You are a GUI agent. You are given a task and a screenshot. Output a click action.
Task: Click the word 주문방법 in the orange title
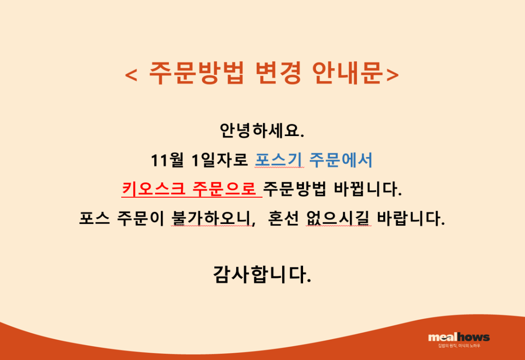[x=196, y=73]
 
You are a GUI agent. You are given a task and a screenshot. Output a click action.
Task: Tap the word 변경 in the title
[x=278, y=73]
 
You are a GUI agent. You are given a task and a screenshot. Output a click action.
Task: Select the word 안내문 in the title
[x=348, y=73]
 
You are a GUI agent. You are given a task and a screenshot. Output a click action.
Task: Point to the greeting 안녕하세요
[x=262, y=130]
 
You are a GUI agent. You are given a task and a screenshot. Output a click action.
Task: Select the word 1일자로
[x=220, y=160]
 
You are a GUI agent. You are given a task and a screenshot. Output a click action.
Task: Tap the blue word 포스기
[x=279, y=160]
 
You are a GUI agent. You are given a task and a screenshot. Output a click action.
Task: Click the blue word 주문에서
[x=340, y=160]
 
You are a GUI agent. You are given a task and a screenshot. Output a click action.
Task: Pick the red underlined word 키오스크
[x=153, y=189]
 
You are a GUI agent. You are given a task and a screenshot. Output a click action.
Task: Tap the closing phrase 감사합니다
[x=262, y=275]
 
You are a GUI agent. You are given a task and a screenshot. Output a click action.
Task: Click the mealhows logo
[x=459, y=337]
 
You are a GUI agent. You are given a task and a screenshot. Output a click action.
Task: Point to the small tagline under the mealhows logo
[x=459, y=346]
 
